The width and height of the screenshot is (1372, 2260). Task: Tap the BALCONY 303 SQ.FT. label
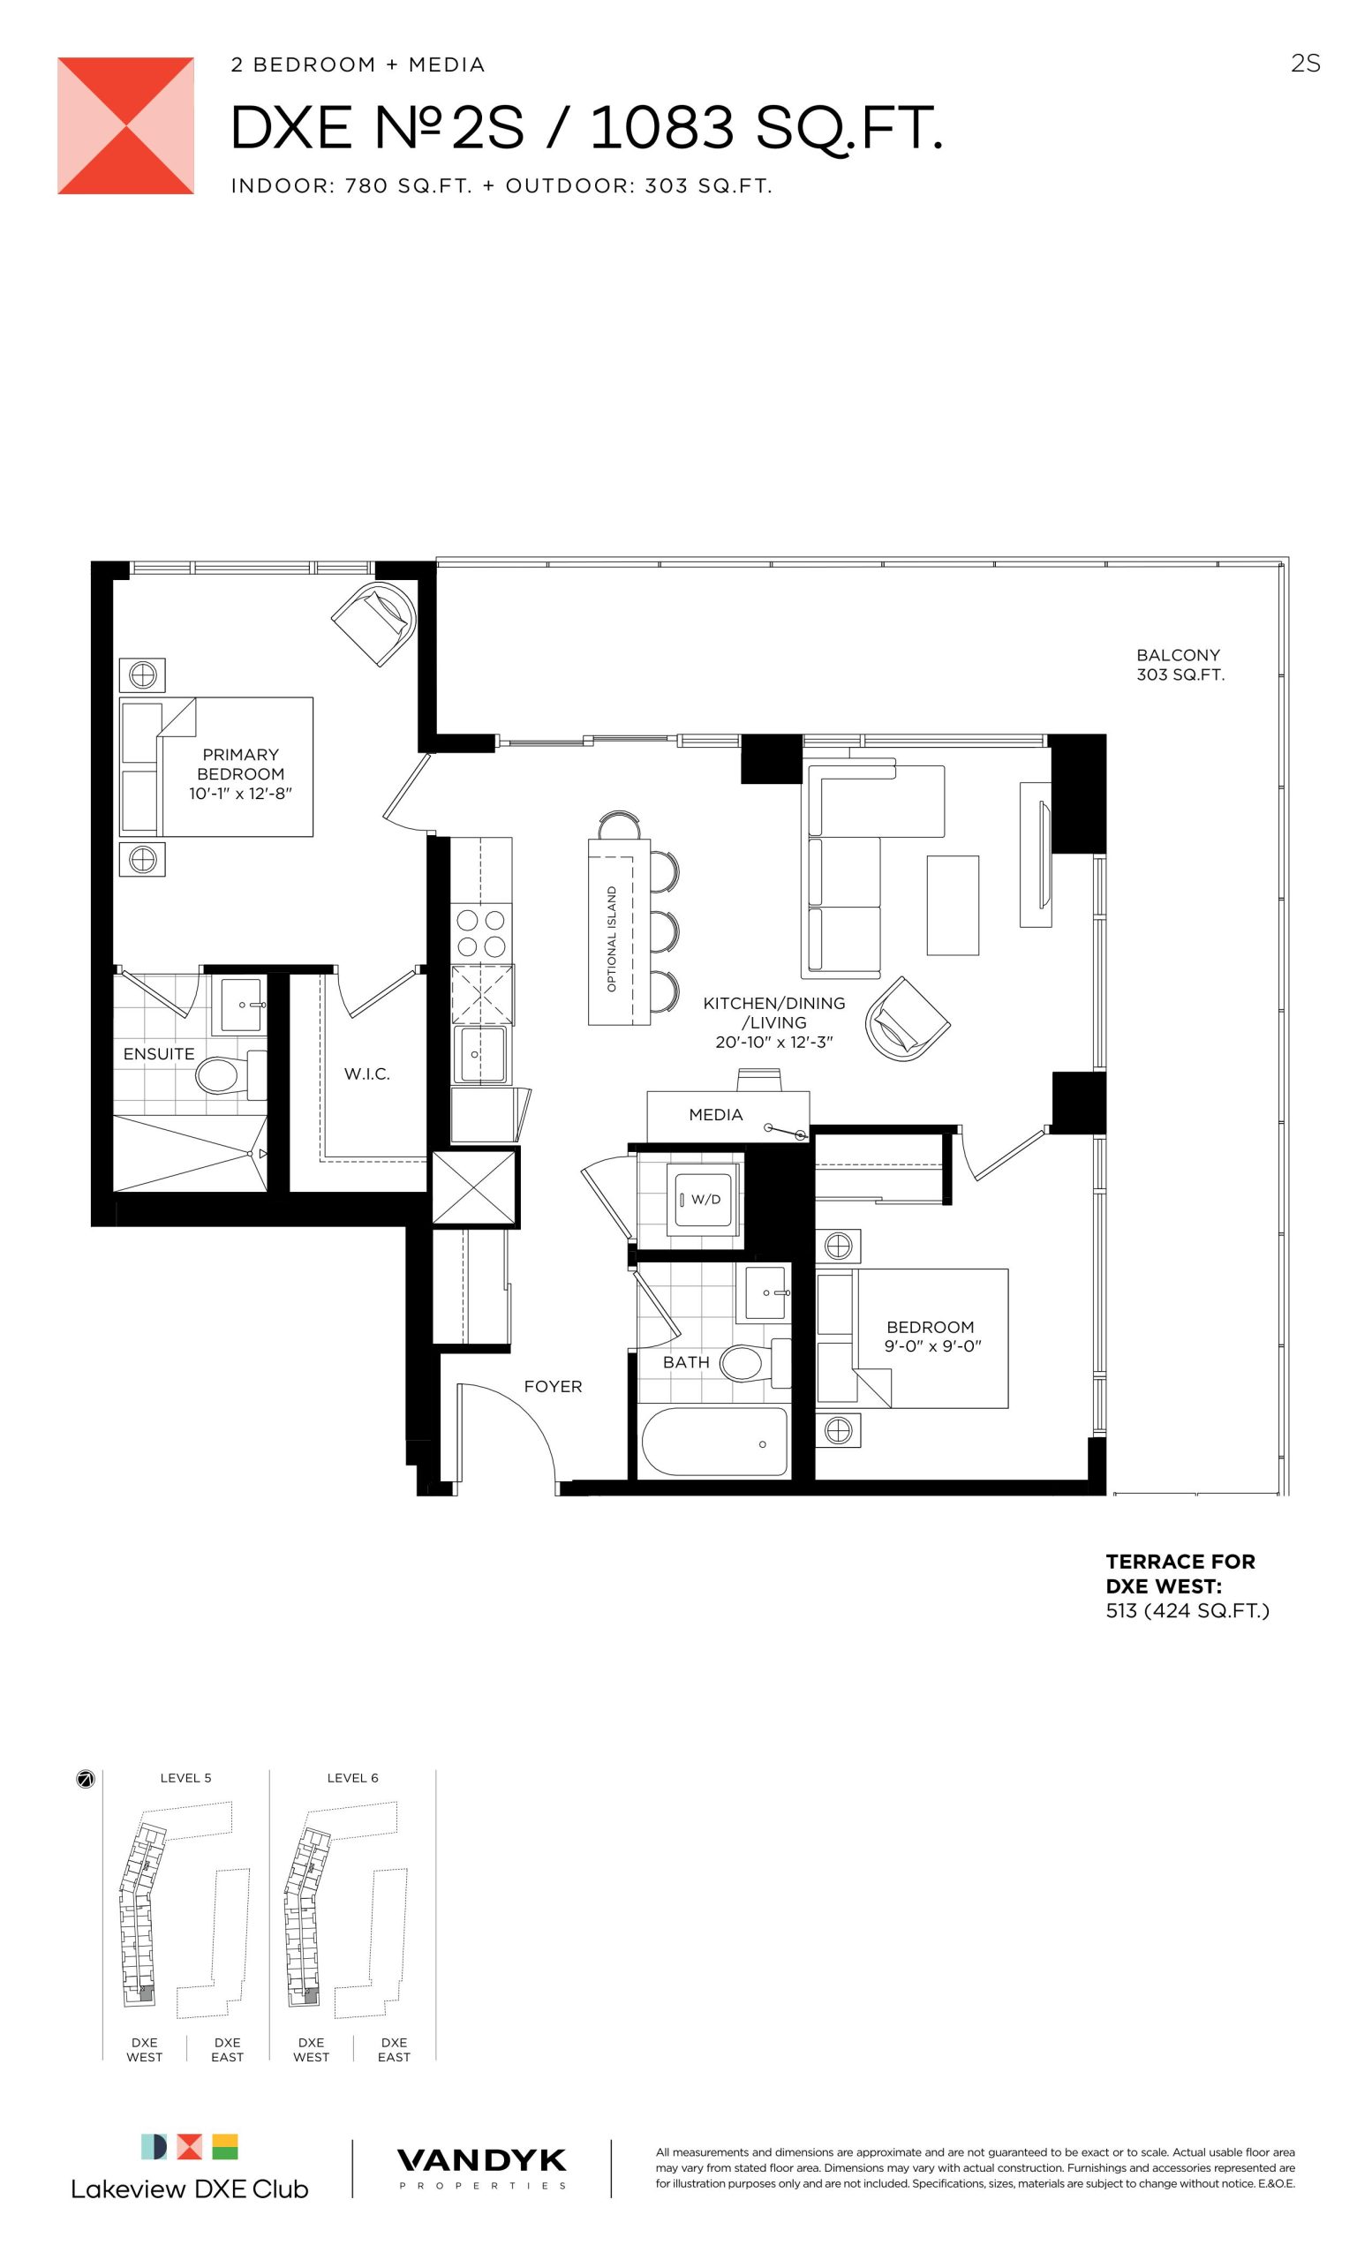[x=1180, y=665]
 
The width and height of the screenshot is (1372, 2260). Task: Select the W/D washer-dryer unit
[x=704, y=1199]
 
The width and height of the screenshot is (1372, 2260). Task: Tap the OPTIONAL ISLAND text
[x=612, y=938]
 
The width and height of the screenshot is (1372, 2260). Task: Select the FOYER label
[x=553, y=1386]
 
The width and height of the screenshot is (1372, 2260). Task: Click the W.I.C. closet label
[x=367, y=1074]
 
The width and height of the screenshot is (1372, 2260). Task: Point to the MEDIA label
[x=715, y=1114]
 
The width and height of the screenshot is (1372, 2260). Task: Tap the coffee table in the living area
[x=953, y=905]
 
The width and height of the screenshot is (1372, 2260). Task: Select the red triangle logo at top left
[x=125, y=125]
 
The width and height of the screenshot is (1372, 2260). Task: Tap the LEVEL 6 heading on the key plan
[x=352, y=1778]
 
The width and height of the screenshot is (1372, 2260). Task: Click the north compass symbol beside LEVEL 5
[x=86, y=1780]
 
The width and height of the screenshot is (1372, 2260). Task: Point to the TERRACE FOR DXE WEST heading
[x=1180, y=1573]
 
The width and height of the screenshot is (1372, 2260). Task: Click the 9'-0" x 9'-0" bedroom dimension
[x=932, y=1346]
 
